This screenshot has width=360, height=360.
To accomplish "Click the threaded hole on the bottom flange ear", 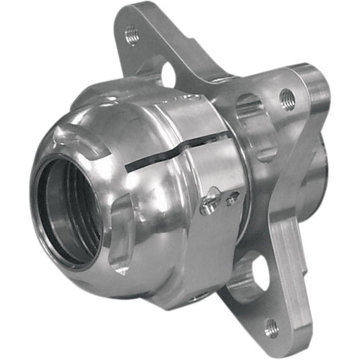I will pyautogui.click(x=271, y=328).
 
